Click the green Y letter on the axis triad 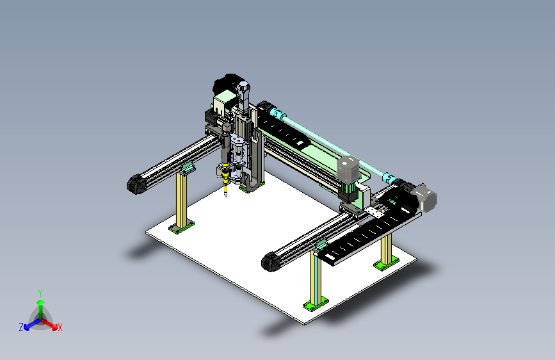click(40, 292)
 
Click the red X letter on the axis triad click(60, 327)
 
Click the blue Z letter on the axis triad click(21, 327)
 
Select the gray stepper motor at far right click(426, 198)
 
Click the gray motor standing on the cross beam click(349, 169)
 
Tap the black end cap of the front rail click(270, 262)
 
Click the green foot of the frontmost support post click(315, 304)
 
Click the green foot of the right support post click(386, 263)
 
